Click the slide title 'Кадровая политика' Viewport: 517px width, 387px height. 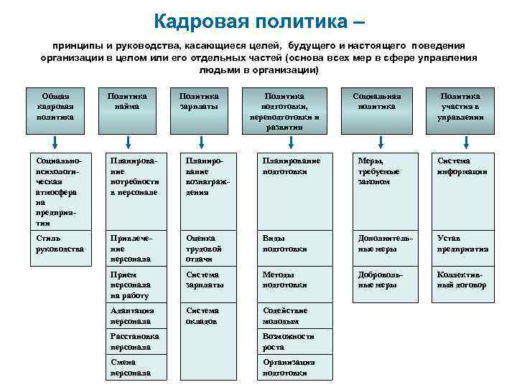click(258, 20)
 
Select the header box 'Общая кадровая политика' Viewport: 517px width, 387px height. click(55, 110)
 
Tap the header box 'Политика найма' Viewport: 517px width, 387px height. click(127, 110)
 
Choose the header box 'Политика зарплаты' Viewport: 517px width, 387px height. click(199, 110)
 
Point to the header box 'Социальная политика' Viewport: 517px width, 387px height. click(377, 110)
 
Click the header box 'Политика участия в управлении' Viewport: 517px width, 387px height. click(460, 110)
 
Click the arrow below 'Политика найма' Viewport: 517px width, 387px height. click(127, 141)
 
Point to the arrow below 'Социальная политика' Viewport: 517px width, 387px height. click(377, 141)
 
